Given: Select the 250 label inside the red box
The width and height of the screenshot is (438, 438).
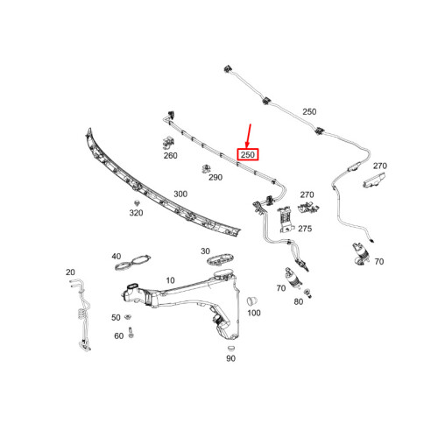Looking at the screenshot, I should (x=248, y=155).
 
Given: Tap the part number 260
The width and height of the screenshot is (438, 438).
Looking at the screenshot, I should (x=170, y=155).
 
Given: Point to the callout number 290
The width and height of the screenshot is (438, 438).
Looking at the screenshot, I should (x=215, y=177).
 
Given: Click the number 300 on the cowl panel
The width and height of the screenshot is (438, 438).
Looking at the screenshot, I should (x=180, y=194).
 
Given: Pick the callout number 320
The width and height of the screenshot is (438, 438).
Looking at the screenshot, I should (x=136, y=213).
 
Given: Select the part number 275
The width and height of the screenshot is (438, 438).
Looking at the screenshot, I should (x=305, y=228).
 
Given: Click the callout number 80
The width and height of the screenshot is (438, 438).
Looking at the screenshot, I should (x=298, y=301).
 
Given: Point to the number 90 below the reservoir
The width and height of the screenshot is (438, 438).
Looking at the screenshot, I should (x=231, y=358).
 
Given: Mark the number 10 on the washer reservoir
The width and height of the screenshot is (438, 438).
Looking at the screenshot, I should (x=170, y=280).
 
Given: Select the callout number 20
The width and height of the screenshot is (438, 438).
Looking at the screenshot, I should (x=70, y=272).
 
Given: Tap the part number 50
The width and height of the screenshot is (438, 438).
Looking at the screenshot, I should (x=116, y=317).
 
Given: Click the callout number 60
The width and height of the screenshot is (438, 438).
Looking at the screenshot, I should (x=118, y=336).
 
